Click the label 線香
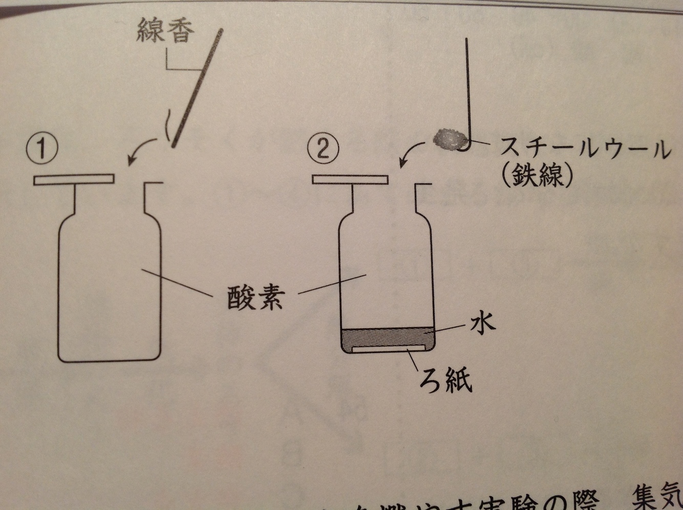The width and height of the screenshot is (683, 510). [165, 32]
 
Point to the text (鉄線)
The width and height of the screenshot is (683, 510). [537, 177]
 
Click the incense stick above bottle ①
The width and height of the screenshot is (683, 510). [197, 87]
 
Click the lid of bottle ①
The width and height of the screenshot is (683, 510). [75, 180]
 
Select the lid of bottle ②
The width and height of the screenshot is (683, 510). [351, 180]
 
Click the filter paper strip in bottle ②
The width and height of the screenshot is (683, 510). [388, 350]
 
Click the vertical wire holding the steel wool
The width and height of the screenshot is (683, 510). [467, 87]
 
